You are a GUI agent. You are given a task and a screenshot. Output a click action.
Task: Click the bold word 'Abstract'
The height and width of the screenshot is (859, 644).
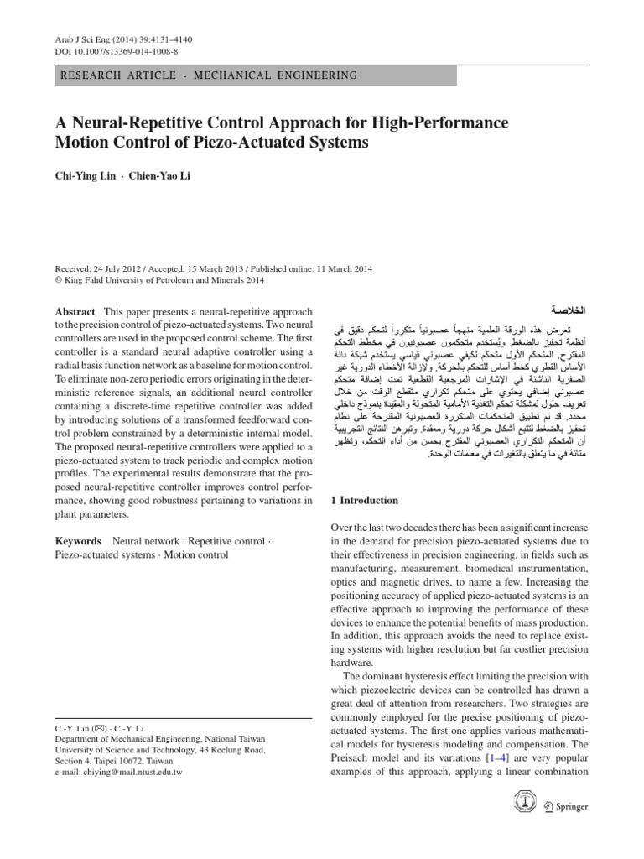click(x=75, y=311)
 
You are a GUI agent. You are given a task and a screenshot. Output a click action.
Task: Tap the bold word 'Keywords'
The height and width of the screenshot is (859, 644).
click(x=78, y=542)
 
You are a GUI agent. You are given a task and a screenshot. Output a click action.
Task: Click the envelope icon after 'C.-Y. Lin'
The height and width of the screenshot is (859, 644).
click(x=101, y=731)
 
